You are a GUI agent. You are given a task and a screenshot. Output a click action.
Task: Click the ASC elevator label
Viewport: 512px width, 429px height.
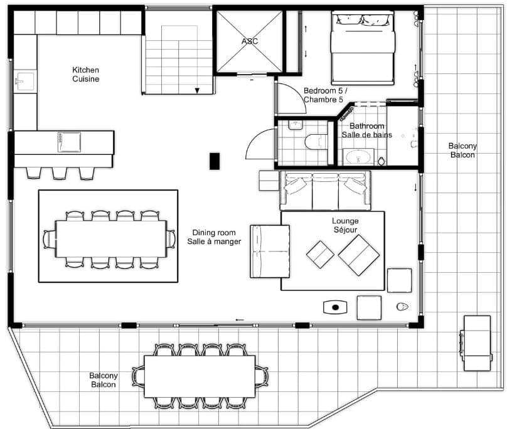249,41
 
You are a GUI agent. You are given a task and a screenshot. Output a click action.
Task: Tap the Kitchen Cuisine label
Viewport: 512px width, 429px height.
85,75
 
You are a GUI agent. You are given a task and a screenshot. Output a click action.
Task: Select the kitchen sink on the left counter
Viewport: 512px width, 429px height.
25,82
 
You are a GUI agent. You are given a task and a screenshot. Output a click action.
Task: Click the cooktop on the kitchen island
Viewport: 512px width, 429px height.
68,142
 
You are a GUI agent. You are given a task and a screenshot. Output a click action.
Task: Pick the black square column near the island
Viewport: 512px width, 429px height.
215,161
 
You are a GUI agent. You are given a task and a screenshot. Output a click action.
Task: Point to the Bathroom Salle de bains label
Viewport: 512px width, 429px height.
367,130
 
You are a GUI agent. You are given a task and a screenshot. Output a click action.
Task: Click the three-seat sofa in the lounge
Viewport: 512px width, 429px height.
325,190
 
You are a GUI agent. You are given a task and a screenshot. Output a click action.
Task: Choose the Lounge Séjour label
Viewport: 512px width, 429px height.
345,226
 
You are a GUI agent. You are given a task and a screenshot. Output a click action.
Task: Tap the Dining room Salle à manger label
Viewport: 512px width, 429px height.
216,236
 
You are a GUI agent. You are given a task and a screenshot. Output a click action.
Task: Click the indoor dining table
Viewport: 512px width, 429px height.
110,239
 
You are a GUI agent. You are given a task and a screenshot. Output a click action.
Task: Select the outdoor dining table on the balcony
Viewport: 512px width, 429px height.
200,376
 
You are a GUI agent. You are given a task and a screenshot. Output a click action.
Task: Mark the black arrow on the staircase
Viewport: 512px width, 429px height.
198,91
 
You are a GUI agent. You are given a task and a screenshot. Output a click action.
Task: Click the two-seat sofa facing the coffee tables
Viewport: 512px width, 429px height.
270,251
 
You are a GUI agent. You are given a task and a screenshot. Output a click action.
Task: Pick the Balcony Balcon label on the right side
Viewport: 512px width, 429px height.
462,151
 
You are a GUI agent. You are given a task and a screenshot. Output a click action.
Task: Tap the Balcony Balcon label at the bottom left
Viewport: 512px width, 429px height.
103,379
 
